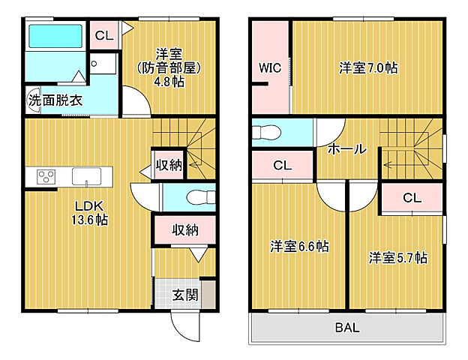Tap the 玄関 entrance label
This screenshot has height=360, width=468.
click(x=185, y=294)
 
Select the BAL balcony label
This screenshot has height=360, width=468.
click(x=346, y=327)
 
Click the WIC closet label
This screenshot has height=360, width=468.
click(x=269, y=67)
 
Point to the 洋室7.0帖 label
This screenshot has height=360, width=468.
click(x=367, y=67)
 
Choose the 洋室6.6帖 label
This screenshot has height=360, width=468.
click(x=299, y=245)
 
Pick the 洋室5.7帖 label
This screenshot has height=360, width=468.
click(x=397, y=257)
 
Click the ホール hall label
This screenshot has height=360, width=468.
click(x=346, y=148)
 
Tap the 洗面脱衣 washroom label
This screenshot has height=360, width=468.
click(x=55, y=99)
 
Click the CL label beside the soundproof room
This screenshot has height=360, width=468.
click(x=103, y=34)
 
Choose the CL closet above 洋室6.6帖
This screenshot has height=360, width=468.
click(x=282, y=165)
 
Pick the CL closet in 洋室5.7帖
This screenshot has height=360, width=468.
click(x=412, y=198)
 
